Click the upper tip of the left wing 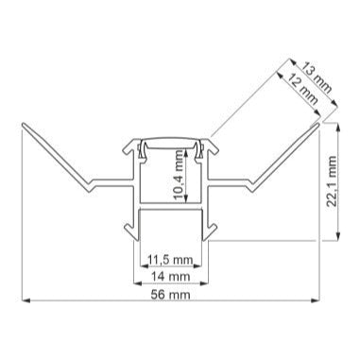[x=22, y=124]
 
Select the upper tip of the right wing [x=318, y=122]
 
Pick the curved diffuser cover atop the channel [x=170, y=144]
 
